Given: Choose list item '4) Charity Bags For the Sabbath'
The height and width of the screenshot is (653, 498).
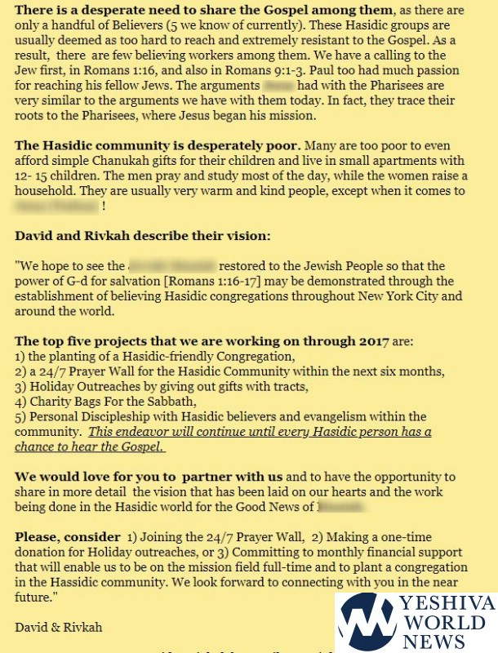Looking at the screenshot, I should (105, 402).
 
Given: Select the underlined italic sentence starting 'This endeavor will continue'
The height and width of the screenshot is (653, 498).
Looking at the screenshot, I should (220, 439).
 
